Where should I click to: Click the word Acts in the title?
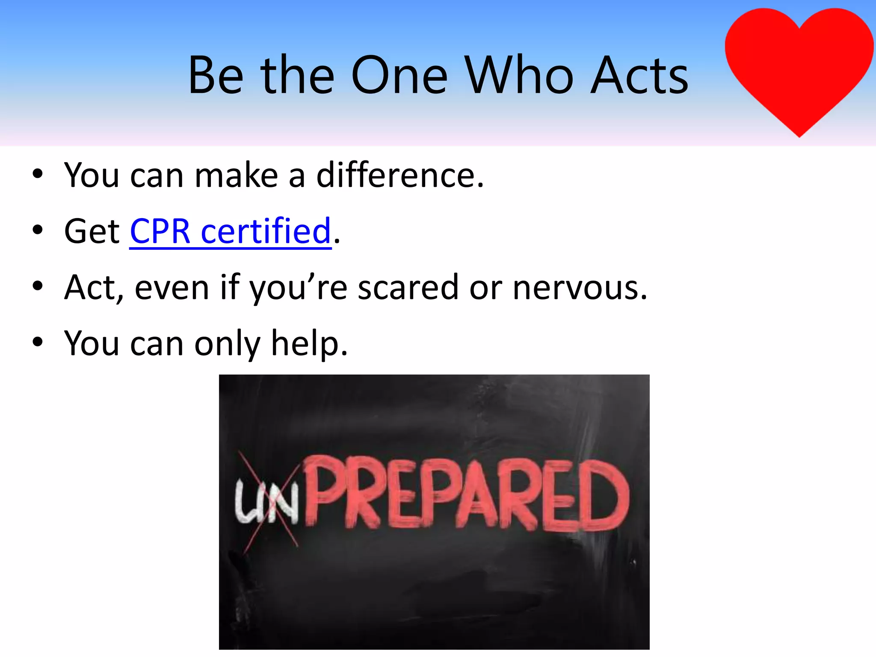(x=639, y=76)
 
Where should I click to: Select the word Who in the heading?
(x=519, y=76)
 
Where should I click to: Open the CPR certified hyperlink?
(x=231, y=231)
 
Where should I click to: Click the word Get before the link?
(x=92, y=231)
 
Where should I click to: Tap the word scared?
(x=408, y=287)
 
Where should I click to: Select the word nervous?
(x=580, y=287)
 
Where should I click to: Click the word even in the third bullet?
(x=172, y=287)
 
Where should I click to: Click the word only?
(x=227, y=343)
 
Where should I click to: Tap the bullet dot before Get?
(x=38, y=230)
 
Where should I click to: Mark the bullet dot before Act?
(x=38, y=286)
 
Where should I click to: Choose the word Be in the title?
(x=216, y=76)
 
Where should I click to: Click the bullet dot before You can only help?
(x=38, y=342)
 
